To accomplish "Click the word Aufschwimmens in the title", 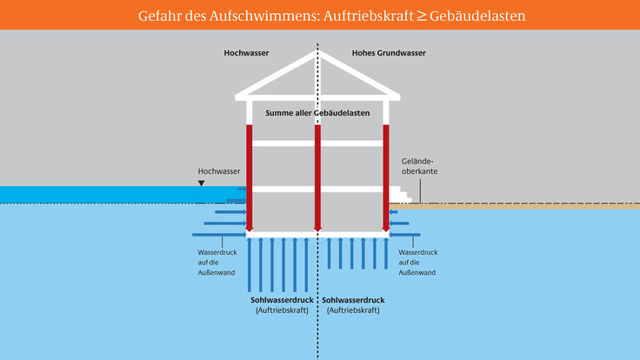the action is (x=264, y=16).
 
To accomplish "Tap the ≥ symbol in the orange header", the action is (x=422, y=17).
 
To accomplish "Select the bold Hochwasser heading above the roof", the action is (x=246, y=53).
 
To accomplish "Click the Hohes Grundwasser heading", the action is (x=389, y=53).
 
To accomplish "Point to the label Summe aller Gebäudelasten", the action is (x=317, y=113).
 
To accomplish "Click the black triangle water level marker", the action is (x=201, y=183).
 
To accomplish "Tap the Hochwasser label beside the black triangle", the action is (x=219, y=171).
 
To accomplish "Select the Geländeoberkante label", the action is (x=419, y=166).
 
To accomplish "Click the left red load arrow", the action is (x=250, y=178).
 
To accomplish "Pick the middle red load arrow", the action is (x=317, y=178).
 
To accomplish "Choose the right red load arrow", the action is (x=386, y=178).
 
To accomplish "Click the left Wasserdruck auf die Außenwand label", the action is (x=217, y=263).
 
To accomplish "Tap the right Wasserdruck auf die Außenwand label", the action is (x=418, y=263).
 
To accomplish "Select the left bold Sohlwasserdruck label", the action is (x=282, y=300).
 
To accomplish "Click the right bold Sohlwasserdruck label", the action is (x=353, y=300).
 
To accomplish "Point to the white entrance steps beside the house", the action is (x=400, y=195).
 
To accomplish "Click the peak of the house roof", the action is (x=317, y=51).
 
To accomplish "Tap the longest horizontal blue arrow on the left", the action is (x=220, y=235).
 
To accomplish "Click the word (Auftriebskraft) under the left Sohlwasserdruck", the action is (x=282, y=310).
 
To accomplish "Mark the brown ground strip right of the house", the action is (x=515, y=207).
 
